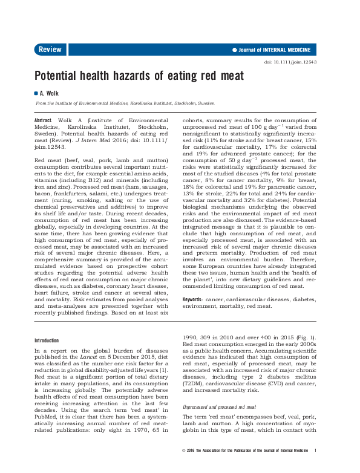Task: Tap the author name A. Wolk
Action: coord(50,94)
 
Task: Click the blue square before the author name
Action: coord(36,94)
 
